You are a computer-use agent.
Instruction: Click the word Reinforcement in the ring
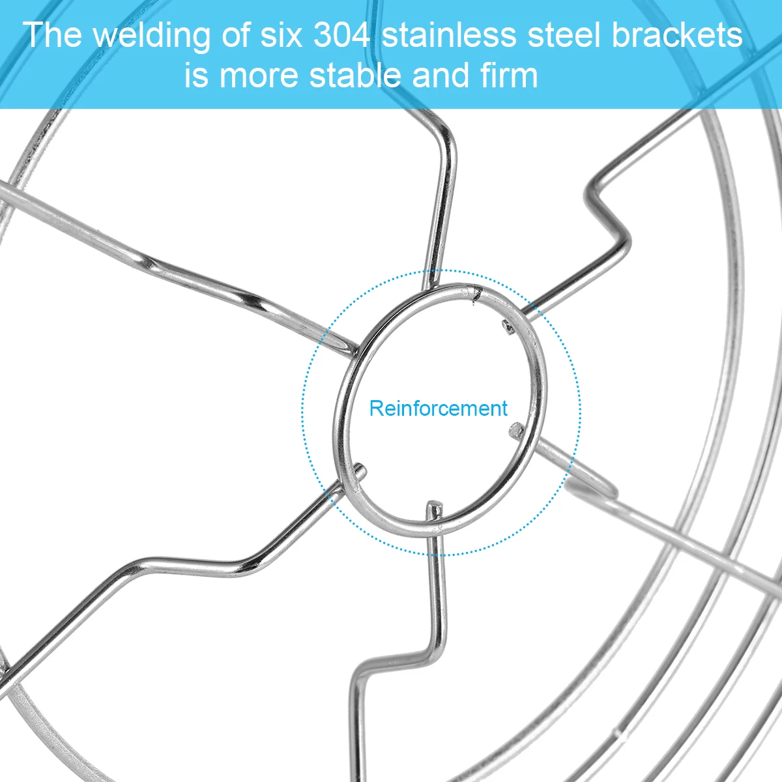pos(438,409)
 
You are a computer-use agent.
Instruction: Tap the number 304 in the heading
pos(342,35)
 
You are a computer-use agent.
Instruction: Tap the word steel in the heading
pos(564,35)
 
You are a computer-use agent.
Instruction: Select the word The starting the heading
pos(52,35)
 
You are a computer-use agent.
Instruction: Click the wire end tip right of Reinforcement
pos(516,429)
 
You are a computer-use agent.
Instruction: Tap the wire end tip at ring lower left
pos(360,469)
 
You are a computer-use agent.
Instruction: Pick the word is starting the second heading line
pos(196,76)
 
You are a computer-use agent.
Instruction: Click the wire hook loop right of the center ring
pos(593,485)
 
